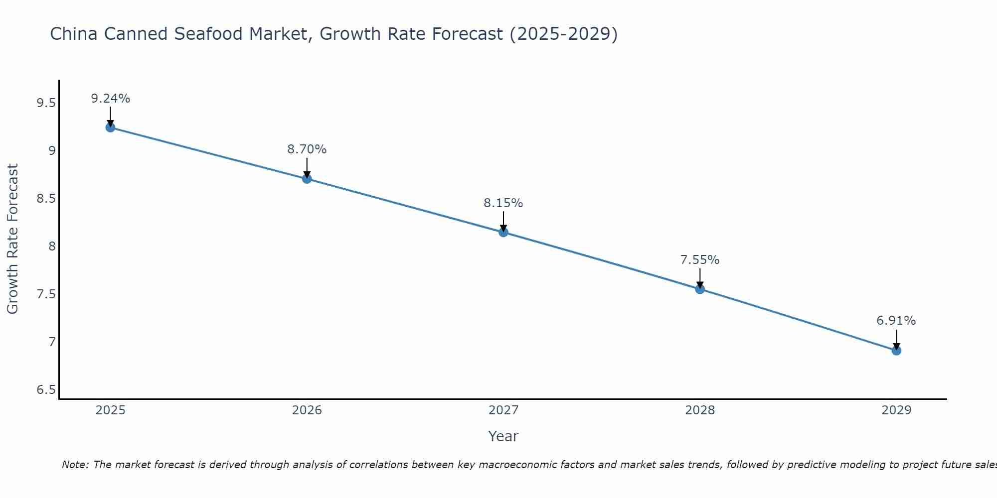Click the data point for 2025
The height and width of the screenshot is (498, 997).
click(110, 127)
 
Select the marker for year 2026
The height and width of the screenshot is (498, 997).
click(307, 179)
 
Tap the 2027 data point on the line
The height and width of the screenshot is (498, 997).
click(503, 232)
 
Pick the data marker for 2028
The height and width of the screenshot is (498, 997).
click(700, 289)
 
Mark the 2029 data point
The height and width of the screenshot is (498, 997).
click(896, 351)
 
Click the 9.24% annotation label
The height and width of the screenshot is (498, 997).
click(110, 99)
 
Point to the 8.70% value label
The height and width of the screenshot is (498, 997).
click(307, 149)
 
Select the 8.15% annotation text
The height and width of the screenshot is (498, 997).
click(503, 203)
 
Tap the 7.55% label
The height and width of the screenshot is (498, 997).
click(700, 260)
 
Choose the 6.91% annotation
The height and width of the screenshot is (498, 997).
click(896, 321)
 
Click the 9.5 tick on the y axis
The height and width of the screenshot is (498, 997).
click(46, 103)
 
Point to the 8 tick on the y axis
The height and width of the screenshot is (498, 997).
click(52, 247)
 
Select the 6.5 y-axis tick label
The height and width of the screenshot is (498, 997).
click(46, 390)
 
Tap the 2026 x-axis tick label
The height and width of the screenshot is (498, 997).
click(307, 410)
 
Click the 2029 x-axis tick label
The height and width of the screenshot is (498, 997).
click(896, 410)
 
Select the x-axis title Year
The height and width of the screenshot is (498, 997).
click(503, 436)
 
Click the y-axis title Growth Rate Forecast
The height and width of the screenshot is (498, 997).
click(12, 239)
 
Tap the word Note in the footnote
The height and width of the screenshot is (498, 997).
click(74, 465)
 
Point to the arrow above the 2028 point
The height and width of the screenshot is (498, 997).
click(700, 277)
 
